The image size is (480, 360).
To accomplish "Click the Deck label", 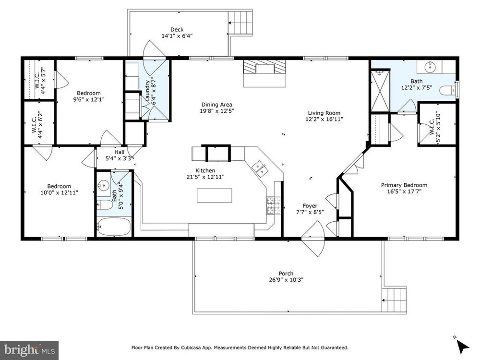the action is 177,29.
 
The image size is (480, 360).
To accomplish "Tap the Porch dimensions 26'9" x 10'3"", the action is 286,280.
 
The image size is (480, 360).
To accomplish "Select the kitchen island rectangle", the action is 214,195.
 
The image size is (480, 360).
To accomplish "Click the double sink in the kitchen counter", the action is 260,169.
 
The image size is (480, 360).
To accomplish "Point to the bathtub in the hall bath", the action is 114,227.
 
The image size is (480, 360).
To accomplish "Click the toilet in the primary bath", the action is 447,91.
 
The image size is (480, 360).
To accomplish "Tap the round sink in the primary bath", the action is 430,66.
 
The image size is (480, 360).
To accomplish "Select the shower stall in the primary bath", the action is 380,92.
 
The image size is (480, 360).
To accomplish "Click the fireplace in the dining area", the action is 264,73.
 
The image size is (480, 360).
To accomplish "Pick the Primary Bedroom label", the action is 404,185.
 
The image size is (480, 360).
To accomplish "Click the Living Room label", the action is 324,113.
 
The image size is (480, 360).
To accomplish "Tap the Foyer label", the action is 310,206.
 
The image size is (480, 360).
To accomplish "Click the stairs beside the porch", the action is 395,300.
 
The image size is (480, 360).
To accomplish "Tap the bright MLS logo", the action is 29,349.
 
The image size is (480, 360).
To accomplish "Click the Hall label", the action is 120,152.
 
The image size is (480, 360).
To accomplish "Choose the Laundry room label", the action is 147,91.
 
